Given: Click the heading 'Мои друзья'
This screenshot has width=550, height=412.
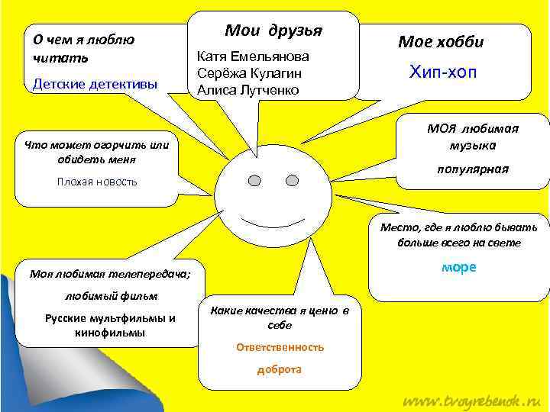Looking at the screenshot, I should [273, 31].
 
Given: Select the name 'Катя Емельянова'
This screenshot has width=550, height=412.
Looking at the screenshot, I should [253, 56].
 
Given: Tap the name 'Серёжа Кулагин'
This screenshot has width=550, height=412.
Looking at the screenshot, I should [248, 73].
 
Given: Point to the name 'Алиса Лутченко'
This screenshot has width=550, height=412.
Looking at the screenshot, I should [248, 90].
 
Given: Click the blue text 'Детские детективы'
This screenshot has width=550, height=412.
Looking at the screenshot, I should [95, 84].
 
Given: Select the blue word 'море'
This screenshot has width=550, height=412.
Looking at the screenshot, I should [458, 268].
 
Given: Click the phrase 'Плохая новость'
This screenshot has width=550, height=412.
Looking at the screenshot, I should [97, 181].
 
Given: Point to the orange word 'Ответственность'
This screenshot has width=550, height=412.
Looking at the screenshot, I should [280, 347].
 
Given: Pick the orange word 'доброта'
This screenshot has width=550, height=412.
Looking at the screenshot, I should [280, 369].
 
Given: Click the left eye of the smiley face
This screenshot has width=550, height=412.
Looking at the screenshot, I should [255, 181].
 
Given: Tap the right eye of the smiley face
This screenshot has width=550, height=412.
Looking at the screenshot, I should [292, 181].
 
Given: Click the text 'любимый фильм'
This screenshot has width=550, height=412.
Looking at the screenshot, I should [111, 296].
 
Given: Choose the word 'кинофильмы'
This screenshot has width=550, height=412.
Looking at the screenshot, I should [111, 333].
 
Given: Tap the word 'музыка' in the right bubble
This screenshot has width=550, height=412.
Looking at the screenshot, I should [473, 145].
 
